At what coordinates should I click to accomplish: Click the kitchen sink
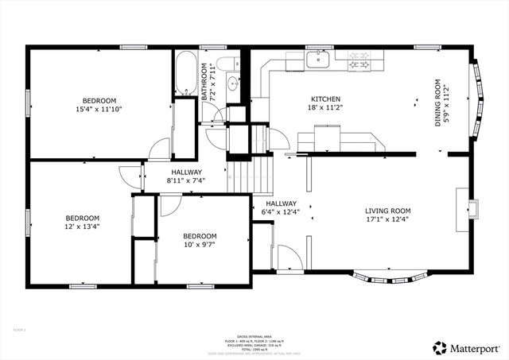320,58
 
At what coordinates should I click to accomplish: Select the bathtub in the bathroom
186,75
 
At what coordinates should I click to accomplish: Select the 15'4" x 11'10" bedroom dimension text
99,109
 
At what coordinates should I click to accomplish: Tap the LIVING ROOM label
388,211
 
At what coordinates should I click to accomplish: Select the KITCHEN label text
326,99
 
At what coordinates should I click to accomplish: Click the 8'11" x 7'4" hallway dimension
186,180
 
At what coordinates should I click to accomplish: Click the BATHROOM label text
204,82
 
